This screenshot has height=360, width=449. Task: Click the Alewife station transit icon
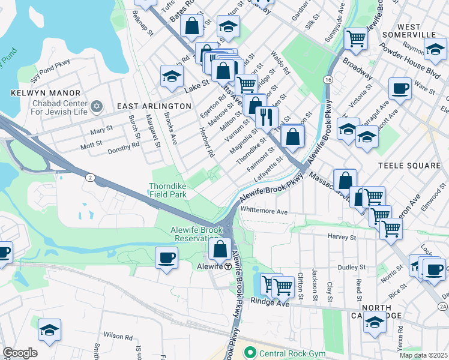(228, 266)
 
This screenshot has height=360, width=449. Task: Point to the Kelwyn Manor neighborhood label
(46, 93)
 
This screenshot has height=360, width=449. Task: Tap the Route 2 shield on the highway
(89, 177)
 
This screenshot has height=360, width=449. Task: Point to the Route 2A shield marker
(443, 307)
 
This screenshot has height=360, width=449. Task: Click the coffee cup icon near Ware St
(399, 89)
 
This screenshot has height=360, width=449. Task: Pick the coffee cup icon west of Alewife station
(166, 258)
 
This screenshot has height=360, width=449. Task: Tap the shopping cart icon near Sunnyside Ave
(356, 39)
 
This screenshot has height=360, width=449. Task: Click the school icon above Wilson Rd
(50, 330)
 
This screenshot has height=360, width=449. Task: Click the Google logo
(20, 353)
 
